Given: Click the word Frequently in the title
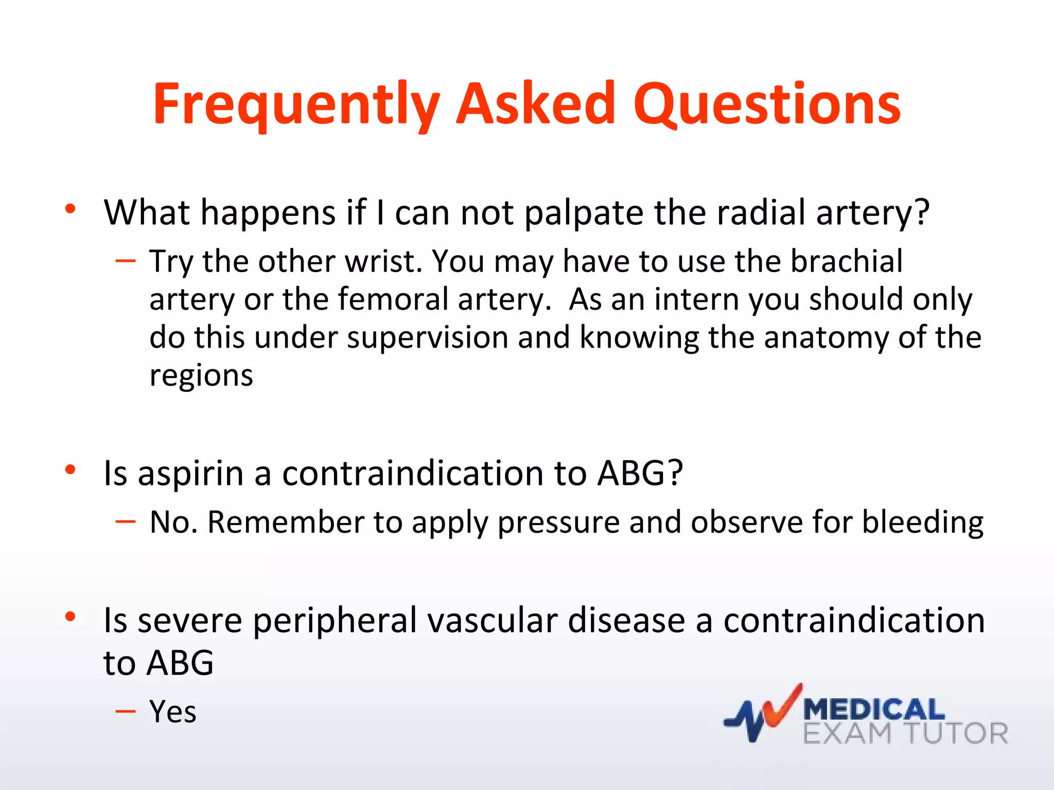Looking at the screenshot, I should point(296,105).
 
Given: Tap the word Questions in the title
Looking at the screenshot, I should point(767,105).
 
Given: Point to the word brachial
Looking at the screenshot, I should point(846,261).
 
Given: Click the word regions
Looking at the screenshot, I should point(201,376).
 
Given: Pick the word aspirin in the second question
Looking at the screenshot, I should point(190,474).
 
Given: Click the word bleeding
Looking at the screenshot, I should point(922,523).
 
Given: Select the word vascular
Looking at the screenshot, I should point(493,620).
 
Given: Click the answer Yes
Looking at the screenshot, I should point(173,712).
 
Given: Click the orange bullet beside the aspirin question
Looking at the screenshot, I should point(71,469).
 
